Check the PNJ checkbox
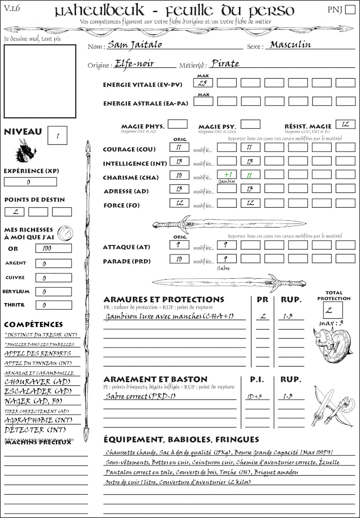350,10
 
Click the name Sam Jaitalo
135,45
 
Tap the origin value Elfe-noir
134,63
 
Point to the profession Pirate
225,63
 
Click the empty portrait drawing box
40,74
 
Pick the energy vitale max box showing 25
203,83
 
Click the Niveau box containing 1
58,135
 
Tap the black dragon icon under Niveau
26,150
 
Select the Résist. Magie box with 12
345,124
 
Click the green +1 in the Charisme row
227,174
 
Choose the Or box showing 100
53,248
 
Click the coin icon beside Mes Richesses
65,232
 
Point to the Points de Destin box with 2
14,212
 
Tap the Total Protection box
333,310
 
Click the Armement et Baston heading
155,380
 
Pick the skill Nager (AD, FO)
33,401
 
